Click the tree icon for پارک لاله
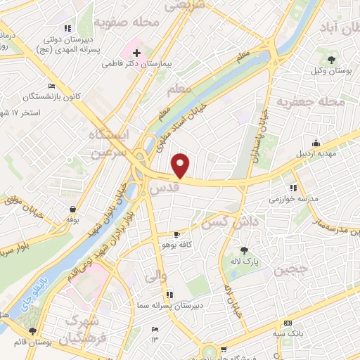point(244,250)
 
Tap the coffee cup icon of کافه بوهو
point(178,233)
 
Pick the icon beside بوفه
point(74,209)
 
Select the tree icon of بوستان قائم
point(32,330)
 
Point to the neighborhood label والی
point(155,278)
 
